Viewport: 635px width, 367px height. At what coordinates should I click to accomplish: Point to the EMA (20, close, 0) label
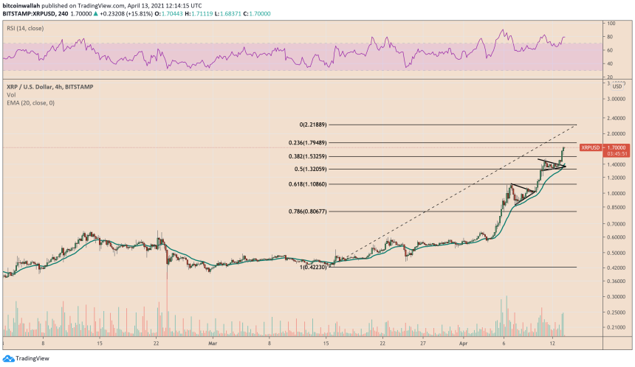(x=27, y=102)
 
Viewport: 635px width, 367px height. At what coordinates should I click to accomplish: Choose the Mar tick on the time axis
(x=212, y=343)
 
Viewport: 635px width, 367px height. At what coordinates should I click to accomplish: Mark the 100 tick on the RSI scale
(x=611, y=24)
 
